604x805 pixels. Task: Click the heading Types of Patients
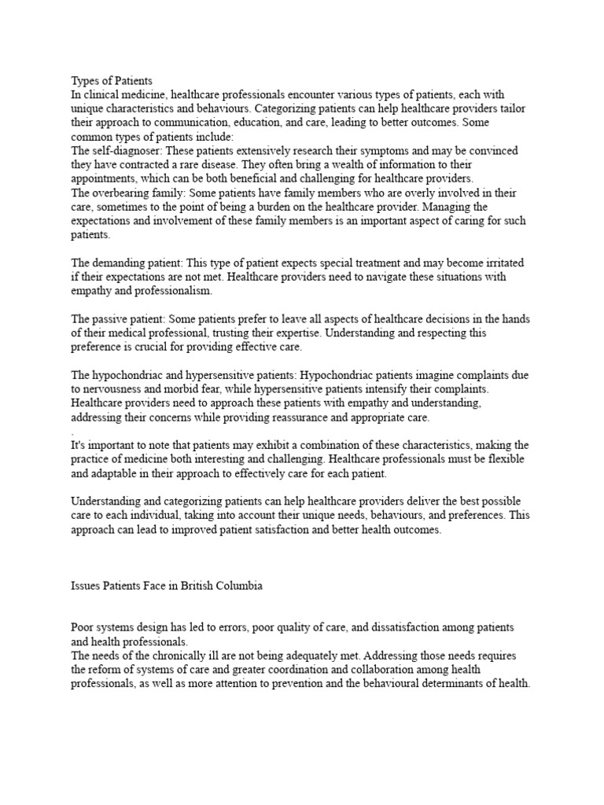click(112, 80)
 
